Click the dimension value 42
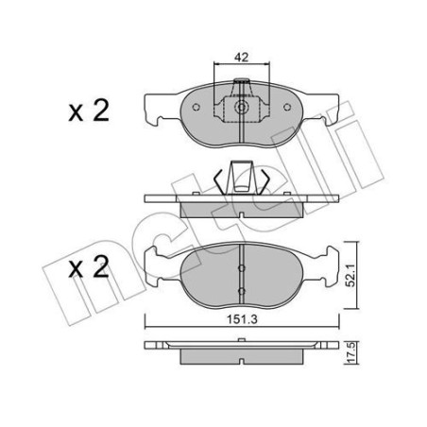[241, 57]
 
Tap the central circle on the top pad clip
[240, 108]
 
